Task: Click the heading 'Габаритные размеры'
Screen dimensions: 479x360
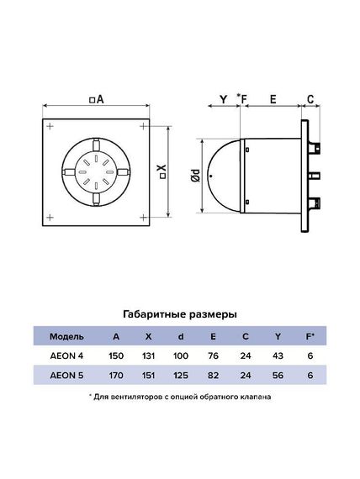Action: [x=179, y=313]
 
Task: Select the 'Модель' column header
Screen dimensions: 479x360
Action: [x=66, y=336]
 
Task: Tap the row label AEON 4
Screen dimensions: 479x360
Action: [x=66, y=355]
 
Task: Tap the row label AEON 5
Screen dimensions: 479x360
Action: [x=66, y=375]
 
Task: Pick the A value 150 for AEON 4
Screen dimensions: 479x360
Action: [x=118, y=355]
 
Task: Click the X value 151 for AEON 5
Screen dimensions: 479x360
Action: [x=149, y=375]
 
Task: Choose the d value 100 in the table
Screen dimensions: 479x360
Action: [x=180, y=355]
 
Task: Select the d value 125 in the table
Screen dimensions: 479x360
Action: [x=180, y=375]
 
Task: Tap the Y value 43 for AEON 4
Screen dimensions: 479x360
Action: [x=277, y=355]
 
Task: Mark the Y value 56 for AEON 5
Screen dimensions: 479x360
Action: [x=277, y=375]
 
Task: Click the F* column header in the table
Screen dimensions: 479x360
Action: [x=310, y=336]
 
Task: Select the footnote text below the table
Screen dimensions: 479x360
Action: [x=180, y=397]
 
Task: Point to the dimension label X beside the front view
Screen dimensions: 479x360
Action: [x=163, y=173]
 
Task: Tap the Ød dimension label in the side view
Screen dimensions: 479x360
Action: [x=195, y=176]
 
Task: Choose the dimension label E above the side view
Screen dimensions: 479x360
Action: [x=273, y=99]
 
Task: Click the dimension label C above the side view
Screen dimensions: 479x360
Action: [x=310, y=99]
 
